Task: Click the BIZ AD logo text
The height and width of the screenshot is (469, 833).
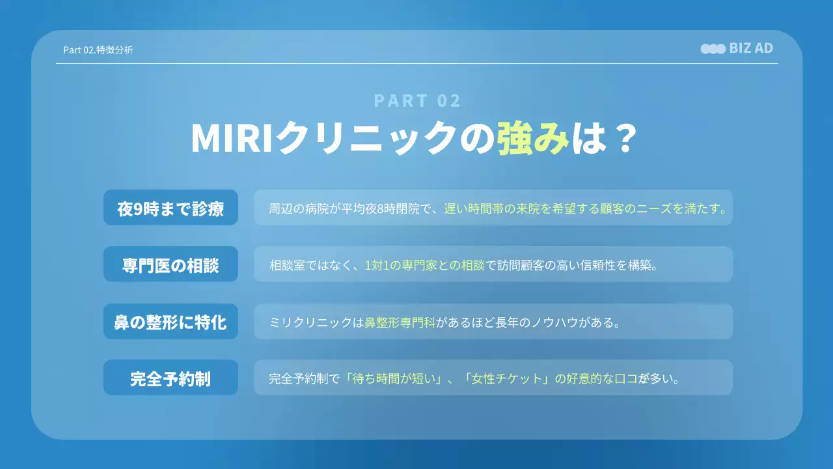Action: [751, 48]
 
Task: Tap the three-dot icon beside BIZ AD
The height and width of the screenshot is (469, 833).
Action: [713, 49]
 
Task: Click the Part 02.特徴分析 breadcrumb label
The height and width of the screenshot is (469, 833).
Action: [98, 50]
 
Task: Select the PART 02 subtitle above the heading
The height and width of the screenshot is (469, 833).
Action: [417, 100]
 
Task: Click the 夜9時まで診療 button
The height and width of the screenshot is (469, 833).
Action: [171, 208]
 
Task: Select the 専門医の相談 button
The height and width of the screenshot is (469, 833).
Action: [171, 265]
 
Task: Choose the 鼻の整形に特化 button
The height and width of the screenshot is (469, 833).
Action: [171, 322]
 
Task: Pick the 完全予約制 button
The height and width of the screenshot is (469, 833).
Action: [171, 378]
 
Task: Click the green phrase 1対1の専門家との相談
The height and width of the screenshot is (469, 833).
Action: [425, 265]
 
